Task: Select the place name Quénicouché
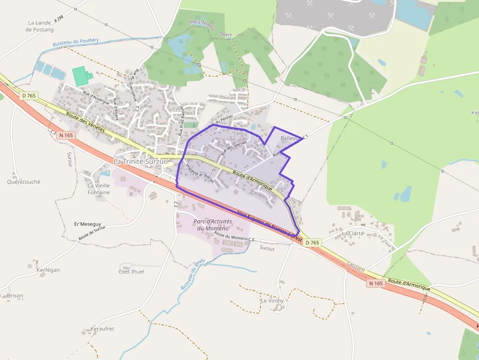[23, 182]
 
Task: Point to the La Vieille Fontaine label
[99, 189]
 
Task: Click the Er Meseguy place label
[84, 224]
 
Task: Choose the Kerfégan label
[48, 270]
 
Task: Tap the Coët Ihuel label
[131, 272]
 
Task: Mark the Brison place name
[15, 296]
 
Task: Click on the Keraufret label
[102, 329]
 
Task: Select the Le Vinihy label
[272, 301]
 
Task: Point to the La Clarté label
[353, 233]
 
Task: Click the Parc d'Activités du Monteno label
[212, 225]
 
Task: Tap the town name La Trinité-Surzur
[140, 161]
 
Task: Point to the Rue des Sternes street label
[234, 147]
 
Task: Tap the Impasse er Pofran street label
[199, 173]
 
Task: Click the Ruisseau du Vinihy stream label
[191, 275]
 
